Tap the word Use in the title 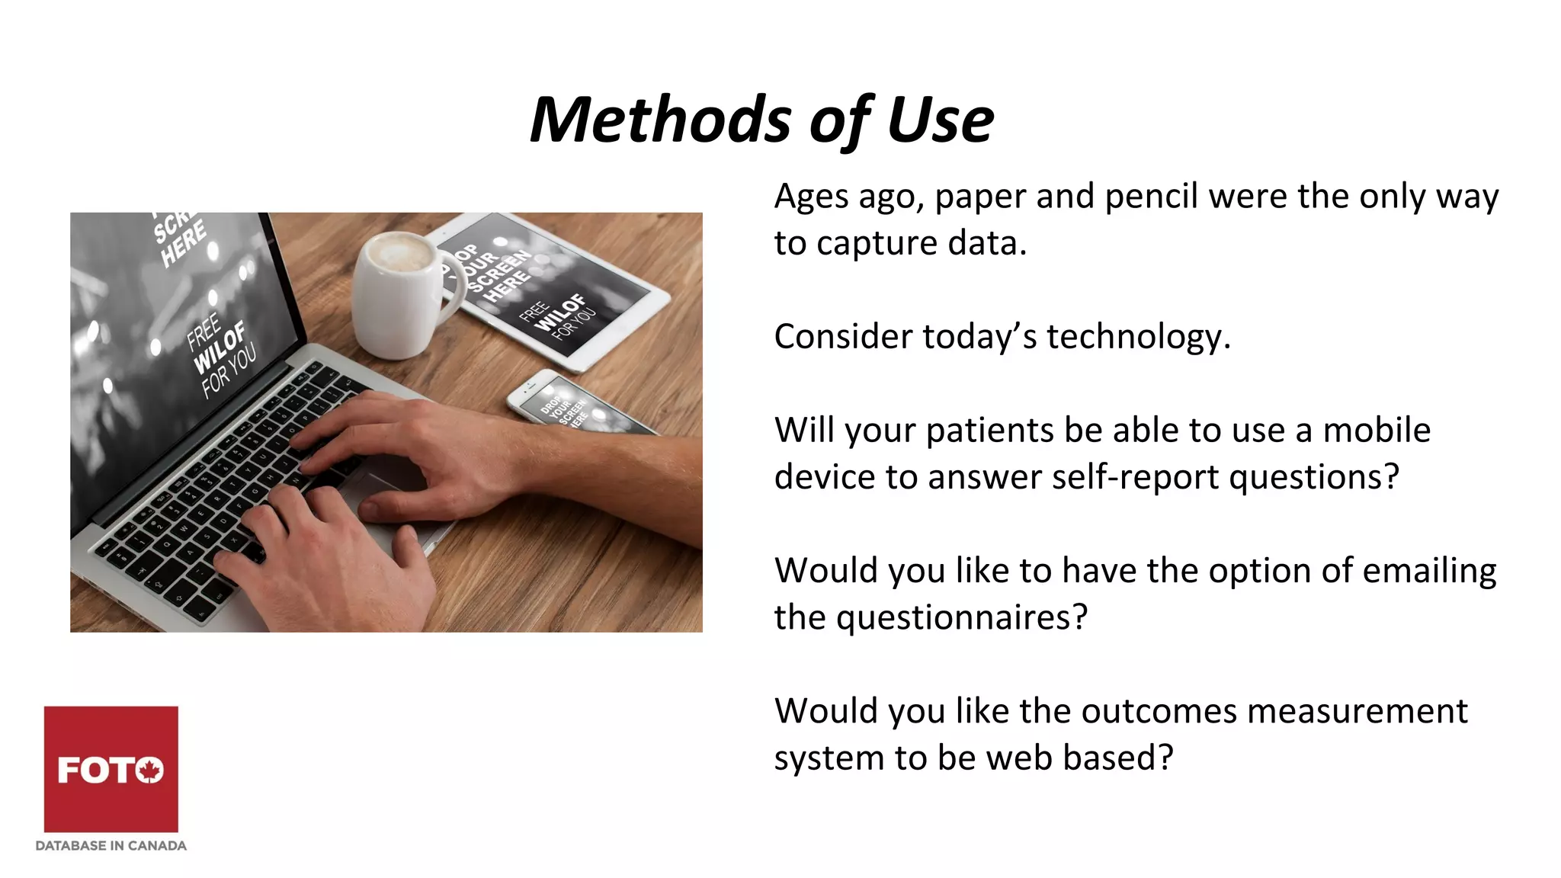(939, 120)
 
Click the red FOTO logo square (111, 768)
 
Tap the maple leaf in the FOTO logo (150, 771)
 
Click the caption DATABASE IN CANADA (111, 845)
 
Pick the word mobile (1376, 431)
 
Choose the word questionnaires (960, 617)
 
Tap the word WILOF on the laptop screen (220, 347)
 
